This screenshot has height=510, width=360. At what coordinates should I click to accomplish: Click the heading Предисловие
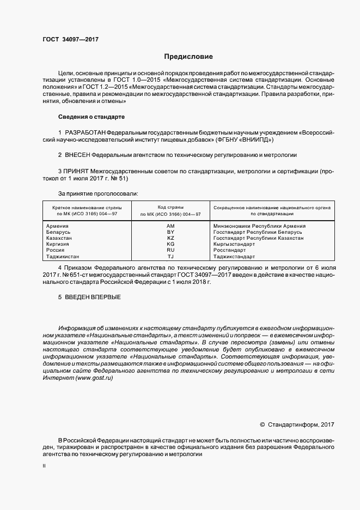(189, 57)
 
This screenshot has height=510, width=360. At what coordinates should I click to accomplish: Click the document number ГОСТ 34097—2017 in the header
(70, 39)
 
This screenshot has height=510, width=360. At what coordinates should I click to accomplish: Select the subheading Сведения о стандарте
(91, 117)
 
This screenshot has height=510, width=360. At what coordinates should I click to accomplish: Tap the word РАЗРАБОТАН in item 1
(85, 133)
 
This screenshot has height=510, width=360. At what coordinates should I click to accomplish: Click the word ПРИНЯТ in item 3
(76, 171)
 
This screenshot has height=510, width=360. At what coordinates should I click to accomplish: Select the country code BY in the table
(170, 232)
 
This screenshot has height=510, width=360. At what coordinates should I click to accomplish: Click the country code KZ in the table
(170, 238)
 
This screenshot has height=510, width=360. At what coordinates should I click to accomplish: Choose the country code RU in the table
(170, 250)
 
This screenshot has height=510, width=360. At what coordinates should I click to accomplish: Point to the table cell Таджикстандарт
(234, 256)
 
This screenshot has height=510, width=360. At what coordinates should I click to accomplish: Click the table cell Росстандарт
(229, 250)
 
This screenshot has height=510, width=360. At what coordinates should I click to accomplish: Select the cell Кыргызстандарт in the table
(234, 244)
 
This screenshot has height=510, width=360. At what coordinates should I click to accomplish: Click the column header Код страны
(170, 208)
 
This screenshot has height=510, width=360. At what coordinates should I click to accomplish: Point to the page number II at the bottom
(44, 466)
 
